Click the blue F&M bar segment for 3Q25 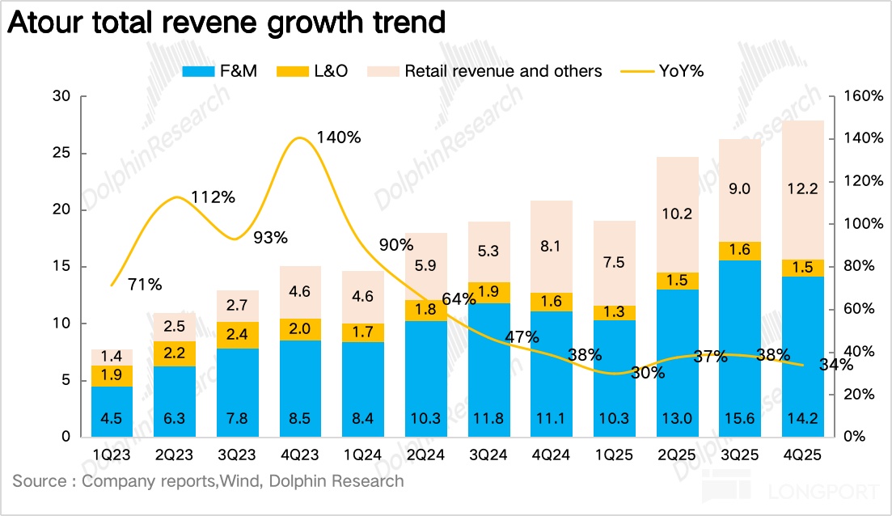click(x=740, y=348)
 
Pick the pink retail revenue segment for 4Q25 click(x=802, y=190)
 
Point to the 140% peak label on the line click(x=339, y=137)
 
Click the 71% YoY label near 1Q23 click(x=146, y=285)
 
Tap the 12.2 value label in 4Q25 click(x=802, y=189)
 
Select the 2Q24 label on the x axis click(x=427, y=456)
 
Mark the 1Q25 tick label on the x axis click(x=615, y=456)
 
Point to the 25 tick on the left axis click(x=64, y=154)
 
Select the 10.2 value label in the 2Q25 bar click(x=677, y=215)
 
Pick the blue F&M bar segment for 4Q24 click(x=552, y=374)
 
